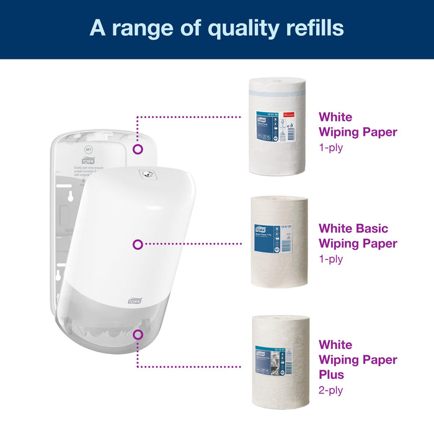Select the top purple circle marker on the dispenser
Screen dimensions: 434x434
click(x=138, y=149)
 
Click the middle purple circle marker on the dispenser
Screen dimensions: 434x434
click(x=138, y=244)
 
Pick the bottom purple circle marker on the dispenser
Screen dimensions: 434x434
click(x=138, y=334)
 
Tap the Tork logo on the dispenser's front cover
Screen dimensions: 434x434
click(x=135, y=300)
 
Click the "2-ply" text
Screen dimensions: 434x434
click(x=332, y=390)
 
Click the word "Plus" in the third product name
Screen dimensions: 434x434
click(x=332, y=374)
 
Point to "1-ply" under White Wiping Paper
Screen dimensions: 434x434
click(x=331, y=149)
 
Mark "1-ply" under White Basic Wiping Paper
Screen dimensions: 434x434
click(x=331, y=260)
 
